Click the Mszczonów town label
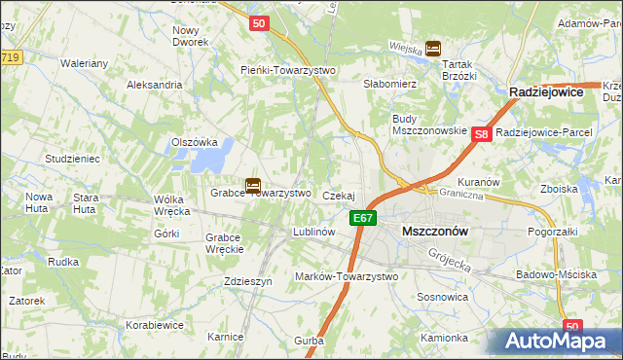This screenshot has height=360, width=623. [435, 232]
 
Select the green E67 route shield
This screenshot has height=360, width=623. [363, 218]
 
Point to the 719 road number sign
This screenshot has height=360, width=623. [10, 58]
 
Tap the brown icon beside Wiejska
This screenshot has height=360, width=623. [433, 47]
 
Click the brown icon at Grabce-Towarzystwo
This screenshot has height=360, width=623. [253, 184]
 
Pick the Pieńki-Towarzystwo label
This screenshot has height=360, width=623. [288, 70]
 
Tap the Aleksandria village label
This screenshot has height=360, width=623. [155, 85]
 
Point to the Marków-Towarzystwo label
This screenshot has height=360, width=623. [347, 276]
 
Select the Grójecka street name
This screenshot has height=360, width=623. [451, 257]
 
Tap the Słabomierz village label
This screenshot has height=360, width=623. [390, 85]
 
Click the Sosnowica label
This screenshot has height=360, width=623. [443, 296]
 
